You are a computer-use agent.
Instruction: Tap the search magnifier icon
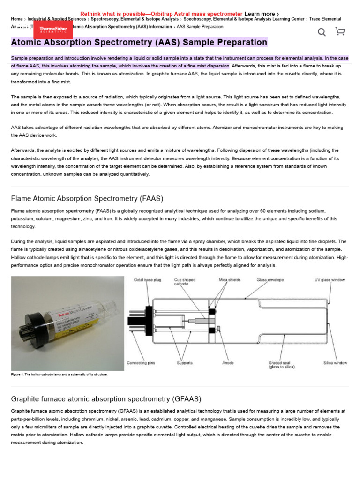[322, 32]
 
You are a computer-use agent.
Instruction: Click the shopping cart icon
[340, 31]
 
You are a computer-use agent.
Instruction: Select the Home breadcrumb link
[17, 19]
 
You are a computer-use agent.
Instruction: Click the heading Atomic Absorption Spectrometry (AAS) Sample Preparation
[139, 43]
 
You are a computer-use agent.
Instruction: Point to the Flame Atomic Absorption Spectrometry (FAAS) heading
[87, 198]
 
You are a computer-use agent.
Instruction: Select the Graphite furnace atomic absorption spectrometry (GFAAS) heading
[106, 399]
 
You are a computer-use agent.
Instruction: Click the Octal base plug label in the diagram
[148, 280]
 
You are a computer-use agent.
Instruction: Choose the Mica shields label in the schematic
[230, 280]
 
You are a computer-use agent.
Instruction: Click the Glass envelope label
[270, 280]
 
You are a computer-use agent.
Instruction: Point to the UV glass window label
[329, 280]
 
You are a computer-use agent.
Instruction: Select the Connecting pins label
[142, 363]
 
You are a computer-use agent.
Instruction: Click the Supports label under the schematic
[184, 363]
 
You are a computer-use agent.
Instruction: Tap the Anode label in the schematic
[228, 363]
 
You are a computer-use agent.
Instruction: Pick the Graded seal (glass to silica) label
[281, 365]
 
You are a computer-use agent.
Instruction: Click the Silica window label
[335, 363]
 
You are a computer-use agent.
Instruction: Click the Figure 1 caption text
[59, 375]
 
